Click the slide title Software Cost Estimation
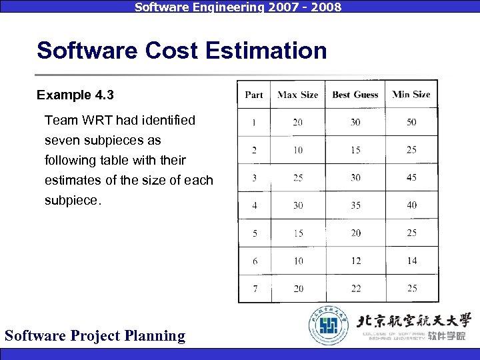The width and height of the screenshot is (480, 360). click(x=182, y=51)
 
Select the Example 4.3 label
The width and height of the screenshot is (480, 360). click(x=75, y=95)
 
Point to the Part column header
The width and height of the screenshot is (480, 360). click(x=254, y=95)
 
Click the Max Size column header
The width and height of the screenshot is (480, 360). click(x=297, y=95)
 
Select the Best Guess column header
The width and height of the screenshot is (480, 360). click(x=355, y=95)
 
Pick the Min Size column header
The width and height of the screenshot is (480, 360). click(x=411, y=95)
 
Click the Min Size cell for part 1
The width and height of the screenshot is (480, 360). click(x=411, y=123)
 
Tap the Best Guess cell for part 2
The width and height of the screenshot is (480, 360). click(x=355, y=150)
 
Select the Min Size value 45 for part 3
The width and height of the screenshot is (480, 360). click(x=411, y=177)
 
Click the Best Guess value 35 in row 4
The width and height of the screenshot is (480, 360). click(x=355, y=205)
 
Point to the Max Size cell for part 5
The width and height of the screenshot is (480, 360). click(x=297, y=233)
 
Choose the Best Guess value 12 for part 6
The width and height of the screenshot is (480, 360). click(x=355, y=261)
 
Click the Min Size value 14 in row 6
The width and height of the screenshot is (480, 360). click(x=411, y=261)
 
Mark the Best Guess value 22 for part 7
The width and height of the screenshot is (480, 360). click(x=355, y=289)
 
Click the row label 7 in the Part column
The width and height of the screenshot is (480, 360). click(x=255, y=289)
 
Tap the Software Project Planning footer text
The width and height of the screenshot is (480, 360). click(x=95, y=335)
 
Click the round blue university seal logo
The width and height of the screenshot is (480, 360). click(x=329, y=325)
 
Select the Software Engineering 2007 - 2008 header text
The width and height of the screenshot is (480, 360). click(x=238, y=7)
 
